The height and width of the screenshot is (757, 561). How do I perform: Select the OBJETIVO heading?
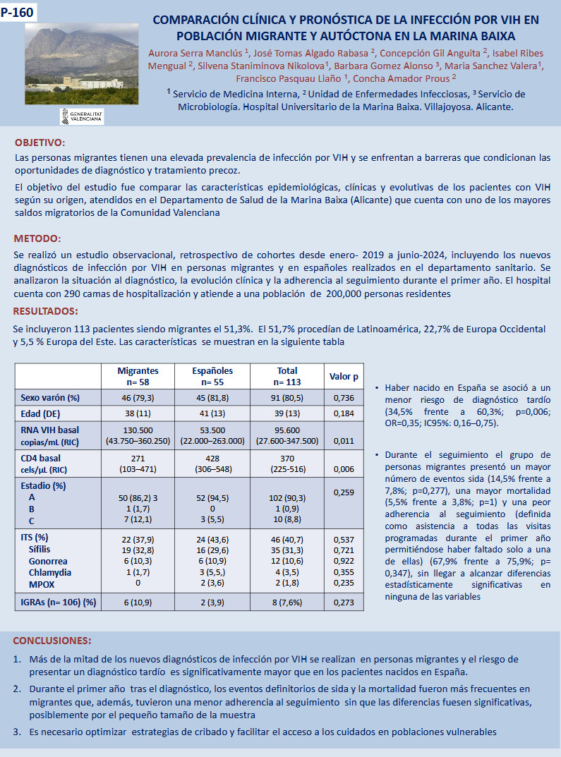[x=40, y=143]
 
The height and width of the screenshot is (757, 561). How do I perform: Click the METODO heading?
[x=37, y=238]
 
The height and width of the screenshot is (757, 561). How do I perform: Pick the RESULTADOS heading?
[x=46, y=311]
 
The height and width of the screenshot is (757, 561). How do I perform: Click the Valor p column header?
[x=344, y=377]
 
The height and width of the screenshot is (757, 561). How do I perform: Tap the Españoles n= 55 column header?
[x=212, y=376]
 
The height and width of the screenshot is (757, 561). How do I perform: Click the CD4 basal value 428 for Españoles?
[x=212, y=458]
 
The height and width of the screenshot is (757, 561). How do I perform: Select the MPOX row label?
[x=43, y=583]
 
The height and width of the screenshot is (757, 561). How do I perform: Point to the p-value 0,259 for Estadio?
[x=344, y=491]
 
